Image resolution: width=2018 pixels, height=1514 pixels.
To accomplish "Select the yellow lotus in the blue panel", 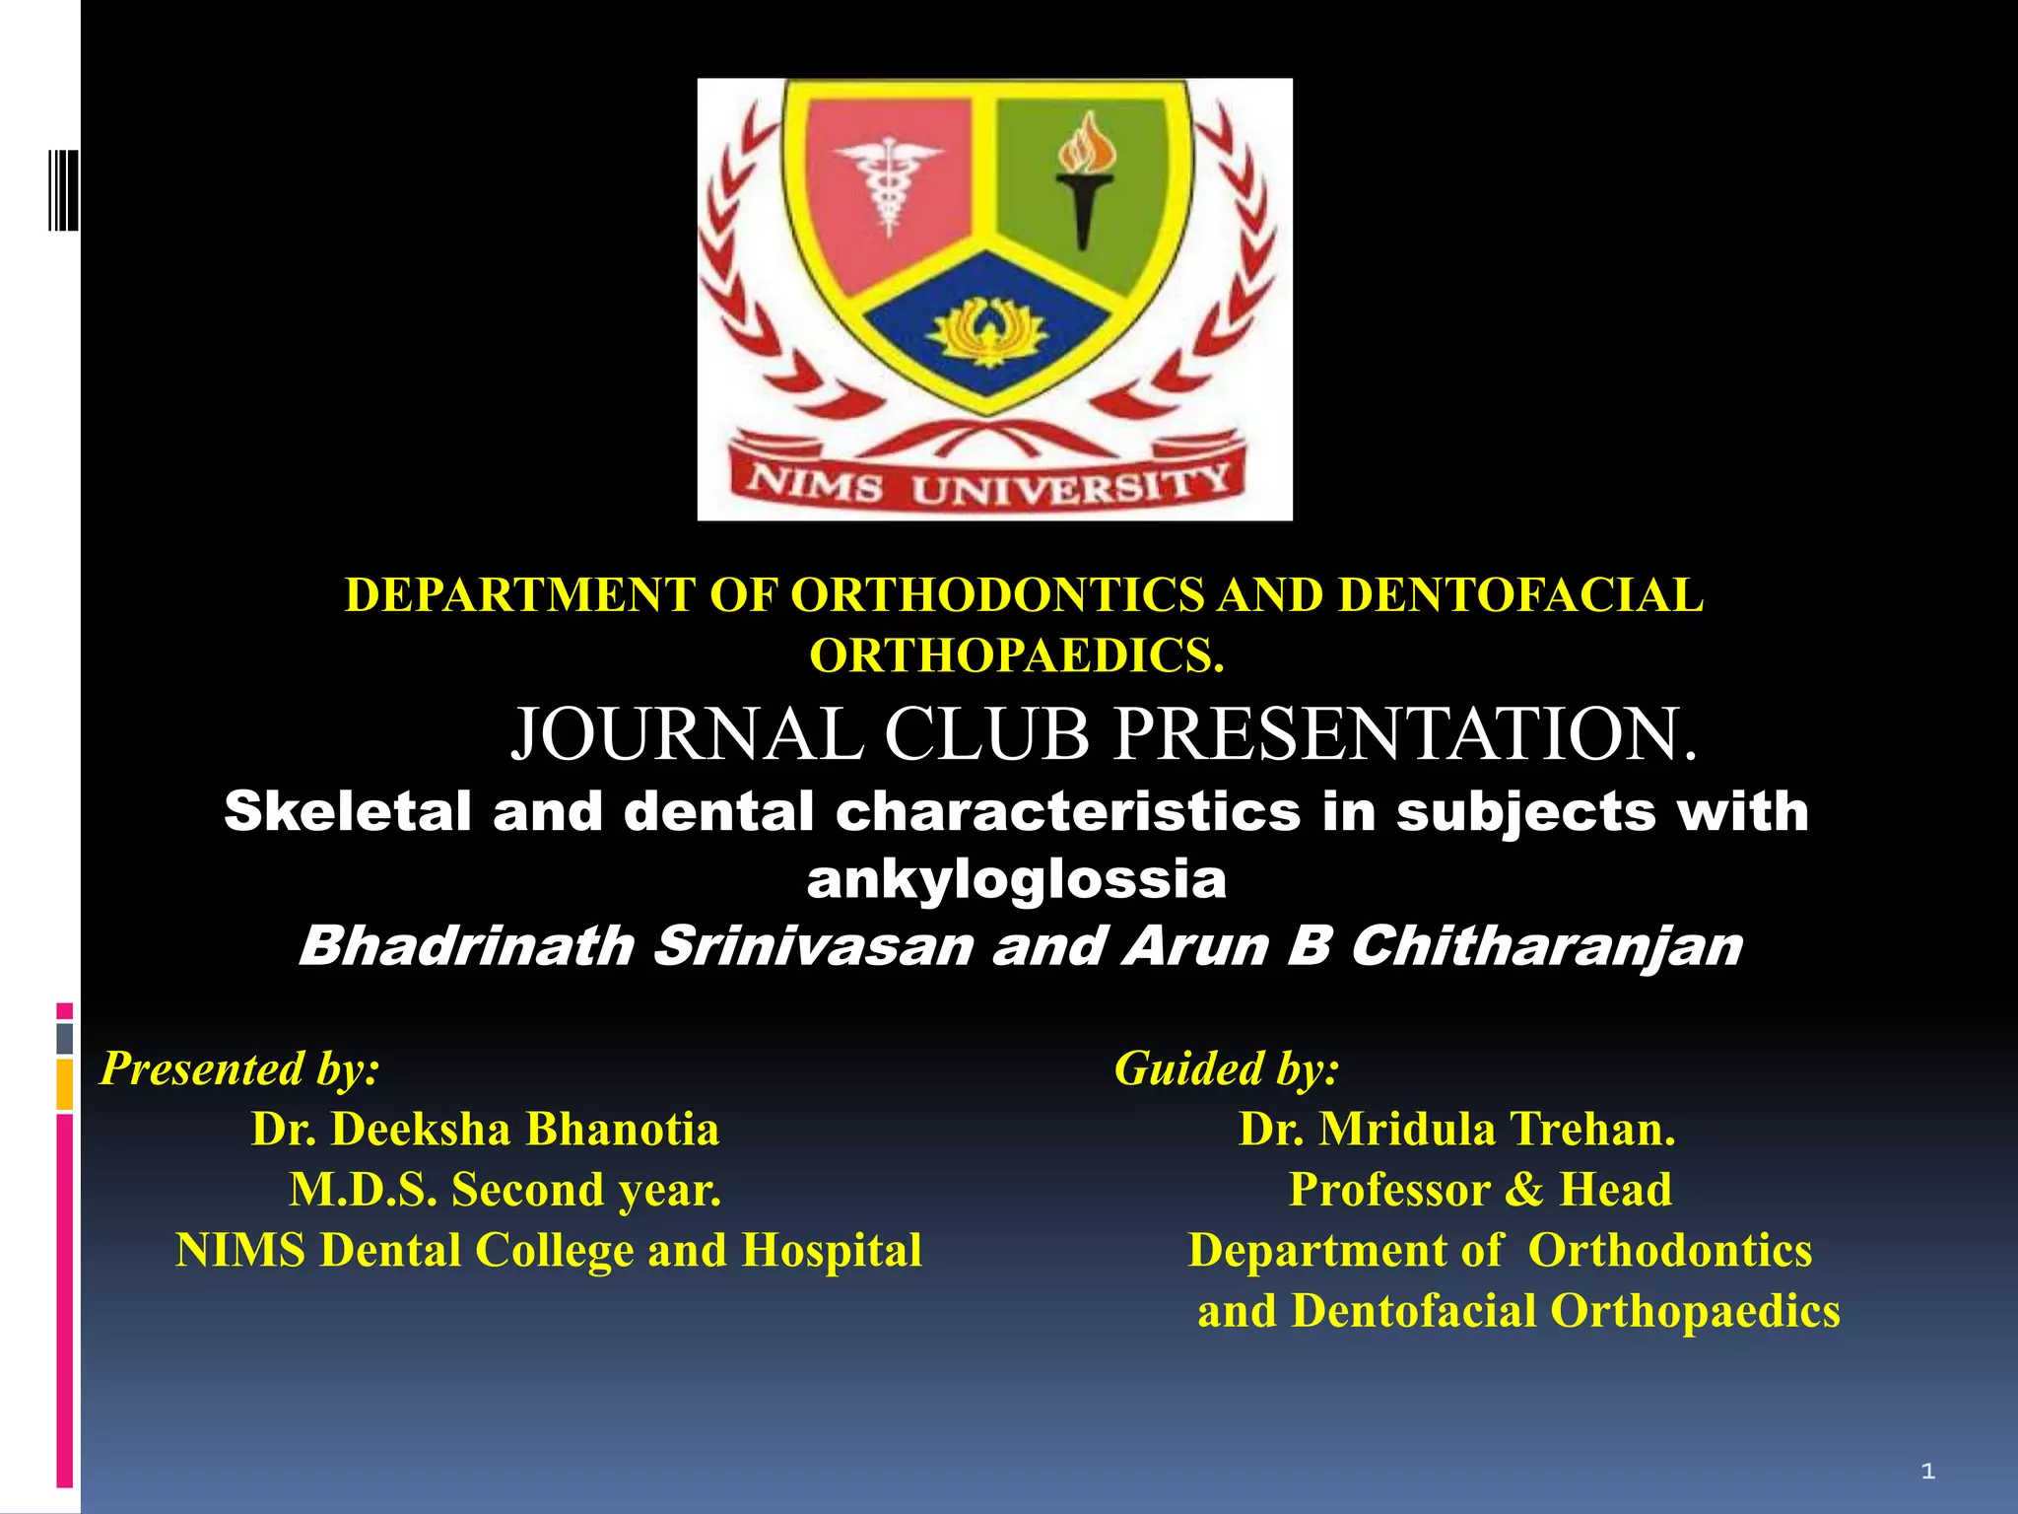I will tap(988, 331).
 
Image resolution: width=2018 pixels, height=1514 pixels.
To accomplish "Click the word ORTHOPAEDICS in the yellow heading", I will tap(1016, 655).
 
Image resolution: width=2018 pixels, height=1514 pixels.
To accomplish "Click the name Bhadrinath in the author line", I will tap(467, 946).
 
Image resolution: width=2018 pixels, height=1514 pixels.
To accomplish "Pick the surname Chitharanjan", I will tap(1546, 946).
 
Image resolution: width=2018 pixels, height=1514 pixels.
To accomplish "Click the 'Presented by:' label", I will tap(239, 1068).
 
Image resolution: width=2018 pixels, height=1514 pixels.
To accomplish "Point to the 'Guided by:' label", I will tap(1227, 1068).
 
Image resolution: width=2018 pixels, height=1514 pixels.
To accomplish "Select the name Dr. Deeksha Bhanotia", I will tap(485, 1130).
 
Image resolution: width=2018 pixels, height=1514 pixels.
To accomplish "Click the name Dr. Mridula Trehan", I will tap(1456, 1130).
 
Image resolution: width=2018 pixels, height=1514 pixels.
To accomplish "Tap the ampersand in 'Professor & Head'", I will tap(1523, 1190).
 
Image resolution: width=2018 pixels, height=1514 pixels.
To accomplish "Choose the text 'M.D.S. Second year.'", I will tap(504, 1190).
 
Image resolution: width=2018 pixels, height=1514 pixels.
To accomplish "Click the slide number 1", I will tap(1927, 1472).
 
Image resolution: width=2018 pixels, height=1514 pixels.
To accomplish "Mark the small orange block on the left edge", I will tap(64, 1084).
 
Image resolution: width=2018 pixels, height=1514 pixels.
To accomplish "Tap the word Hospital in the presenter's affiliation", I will tap(832, 1251).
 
